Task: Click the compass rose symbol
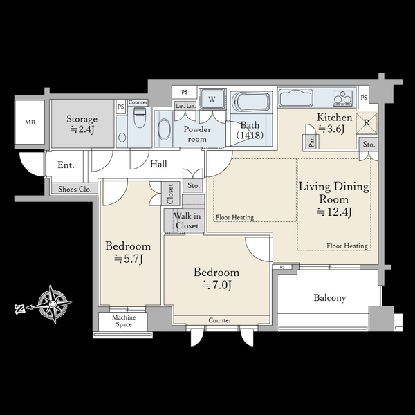coord(53,304)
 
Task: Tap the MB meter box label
coord(30,122)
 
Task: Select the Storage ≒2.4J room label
coord(82,124)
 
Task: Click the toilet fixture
coord(138,117)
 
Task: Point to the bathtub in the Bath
coord(250,102)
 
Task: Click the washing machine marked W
coord(212,99)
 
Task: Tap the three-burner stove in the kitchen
coord(343,98)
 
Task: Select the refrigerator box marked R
coord(367,123)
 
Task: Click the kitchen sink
coord(295,98)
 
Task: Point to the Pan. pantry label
coord(312,141)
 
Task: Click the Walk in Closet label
coord(187,221)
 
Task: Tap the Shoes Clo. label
coord(75,189)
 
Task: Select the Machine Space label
coord(124,321)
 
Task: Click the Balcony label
coord(330,298)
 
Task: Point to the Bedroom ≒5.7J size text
coord(129,259)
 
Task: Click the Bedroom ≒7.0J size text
coord(217,285)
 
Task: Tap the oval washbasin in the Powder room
coord(164,129)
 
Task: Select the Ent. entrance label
coord(66,165)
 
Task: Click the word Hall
coord(158,164)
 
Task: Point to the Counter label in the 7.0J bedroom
coord(220,320)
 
